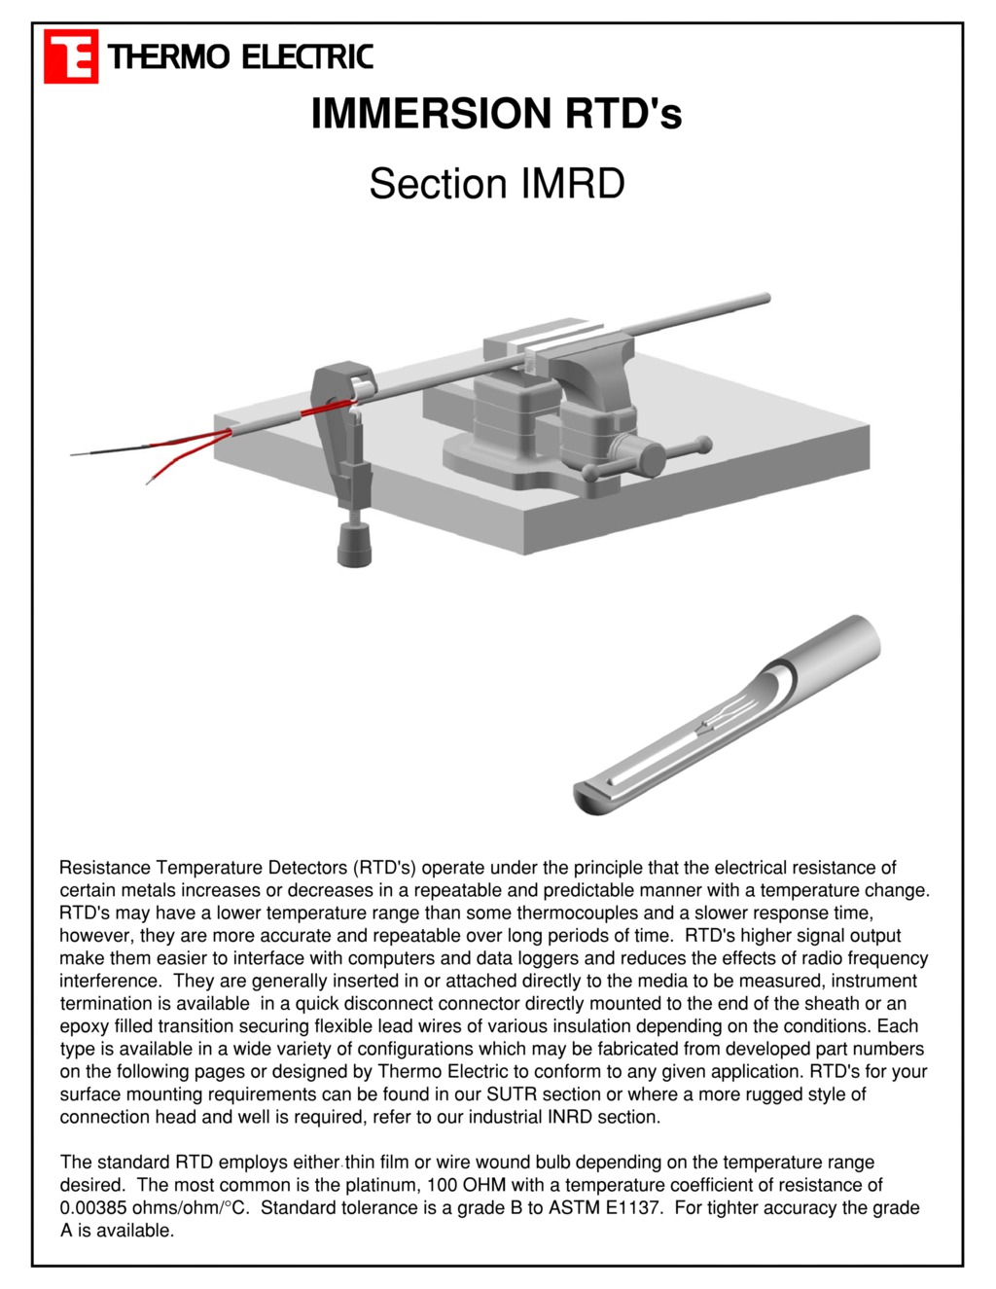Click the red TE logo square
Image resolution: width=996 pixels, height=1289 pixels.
71,56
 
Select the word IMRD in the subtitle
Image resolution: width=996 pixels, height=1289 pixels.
573,184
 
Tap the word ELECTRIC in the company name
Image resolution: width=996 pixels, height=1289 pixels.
306,57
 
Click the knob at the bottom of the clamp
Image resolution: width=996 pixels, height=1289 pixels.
354,543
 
